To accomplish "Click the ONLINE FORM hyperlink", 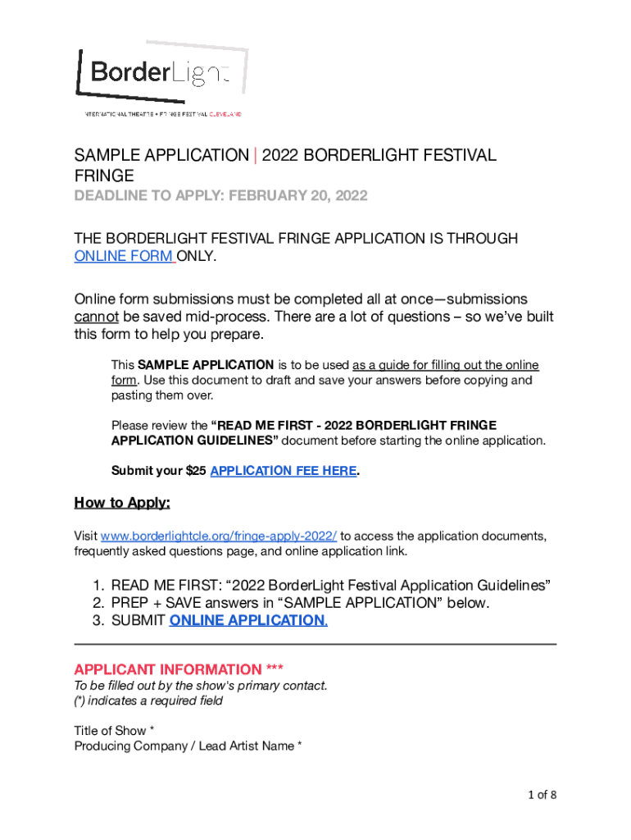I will (123, 256).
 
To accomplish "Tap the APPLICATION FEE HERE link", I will (283, 471).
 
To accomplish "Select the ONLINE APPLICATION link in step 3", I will (247, 620).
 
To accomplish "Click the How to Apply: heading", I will (122, 502).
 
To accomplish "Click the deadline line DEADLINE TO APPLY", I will (221, 196).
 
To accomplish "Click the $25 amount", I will (197, 471).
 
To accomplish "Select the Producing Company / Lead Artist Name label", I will (188, 746).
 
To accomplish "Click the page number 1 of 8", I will (542, 794).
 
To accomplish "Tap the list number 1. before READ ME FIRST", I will (98, 586).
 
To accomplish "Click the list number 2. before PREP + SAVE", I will (98, 603).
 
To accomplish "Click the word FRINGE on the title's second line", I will (104, 176).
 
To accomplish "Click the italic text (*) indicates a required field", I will (148, 701).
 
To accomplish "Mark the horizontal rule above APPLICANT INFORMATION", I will (315, 644).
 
